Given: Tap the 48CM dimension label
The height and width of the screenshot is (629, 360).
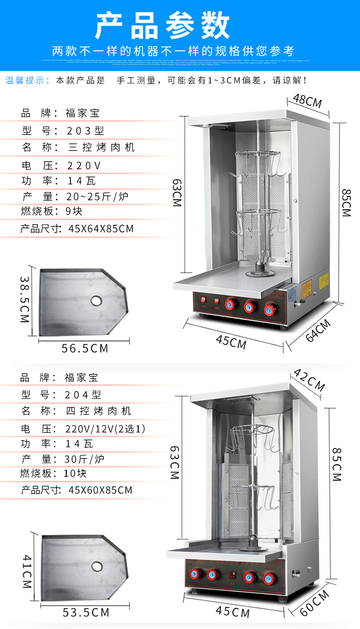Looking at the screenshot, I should (307, 101).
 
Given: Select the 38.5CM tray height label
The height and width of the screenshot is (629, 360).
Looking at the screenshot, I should (25, 299).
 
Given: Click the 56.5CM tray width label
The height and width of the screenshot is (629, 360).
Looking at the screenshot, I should (85, 349).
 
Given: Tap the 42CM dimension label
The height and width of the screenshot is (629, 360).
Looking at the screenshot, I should (310, 379).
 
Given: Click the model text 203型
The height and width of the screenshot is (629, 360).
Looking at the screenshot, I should (85, 131).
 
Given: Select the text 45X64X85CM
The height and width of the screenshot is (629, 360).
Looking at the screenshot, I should (101, 229).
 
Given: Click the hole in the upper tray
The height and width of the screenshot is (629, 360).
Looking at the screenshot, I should (96, 301).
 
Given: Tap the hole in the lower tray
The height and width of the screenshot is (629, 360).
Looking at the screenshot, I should (97, 566).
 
